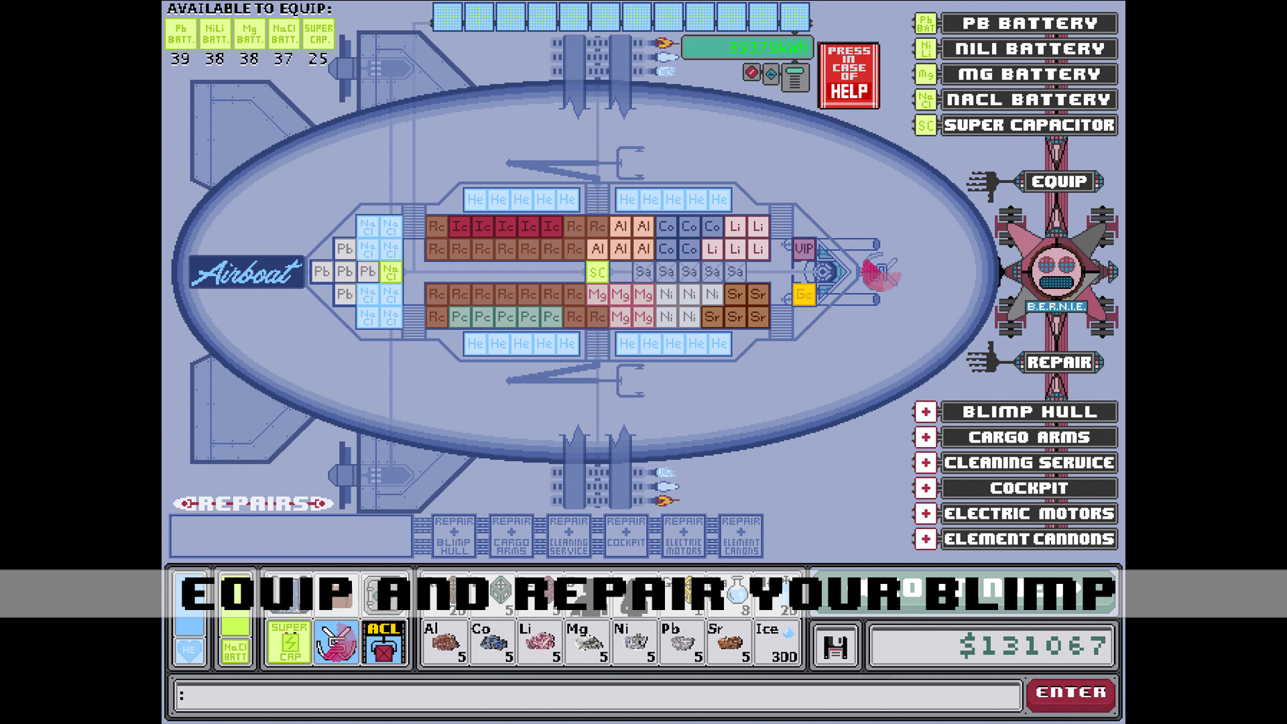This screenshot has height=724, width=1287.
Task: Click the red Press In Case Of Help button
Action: pyautogui.click(x=848, y=75)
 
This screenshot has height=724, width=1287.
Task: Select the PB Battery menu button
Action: pyautogui.click(x=1029, y=23)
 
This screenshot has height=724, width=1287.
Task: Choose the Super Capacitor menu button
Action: pyautogui.click(x=1029, y=125)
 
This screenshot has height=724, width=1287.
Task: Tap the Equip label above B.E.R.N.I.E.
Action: pyautogui.click(x=1058, y=182)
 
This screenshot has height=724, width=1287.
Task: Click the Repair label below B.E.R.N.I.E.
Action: pyautogui.click(x=1058, y=363)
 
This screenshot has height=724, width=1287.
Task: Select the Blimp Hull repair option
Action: pyautogui.click(x=1029, y=412)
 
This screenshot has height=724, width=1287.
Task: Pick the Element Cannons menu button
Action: pyautogui.click(x=1029, y=539)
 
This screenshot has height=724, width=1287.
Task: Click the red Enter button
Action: pyautogui.click(x=1070, y=692)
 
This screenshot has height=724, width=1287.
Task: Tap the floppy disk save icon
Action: pyautogui.click(x=835, y=647)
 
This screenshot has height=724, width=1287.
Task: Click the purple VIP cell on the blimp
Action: pyautogui.click(x=804, y=249)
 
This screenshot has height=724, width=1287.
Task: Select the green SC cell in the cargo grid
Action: pyautogui.click(x=597, y=272)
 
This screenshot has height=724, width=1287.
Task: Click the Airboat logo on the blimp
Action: pyautogui.click(x=247, y=272)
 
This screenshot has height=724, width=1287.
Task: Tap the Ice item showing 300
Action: pyautogui.click(x=776, y=642)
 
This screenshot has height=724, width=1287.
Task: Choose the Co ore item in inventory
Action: pyautogui.click(x=492, y=642)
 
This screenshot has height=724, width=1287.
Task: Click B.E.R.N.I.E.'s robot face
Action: pyautogui.click(x=1056, y=271)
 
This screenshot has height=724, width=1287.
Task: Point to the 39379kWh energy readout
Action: pyautogui.click(x=747, y=48)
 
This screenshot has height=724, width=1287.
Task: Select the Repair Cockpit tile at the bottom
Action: pyautogui.click(x=625, y=536)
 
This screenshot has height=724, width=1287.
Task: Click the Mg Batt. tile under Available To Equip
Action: pyautogui.click(x=249, y=34)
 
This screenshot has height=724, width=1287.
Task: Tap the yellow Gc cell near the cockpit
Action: pyautogui.click(x=804, y=294)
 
